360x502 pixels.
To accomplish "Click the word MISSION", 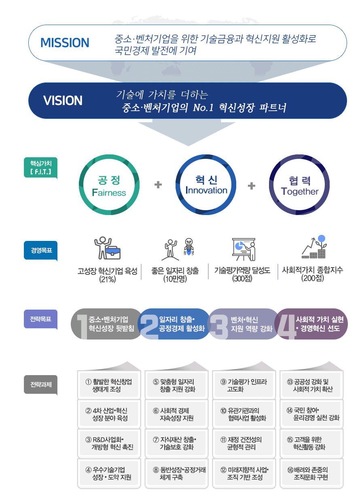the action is click(x=65, y=42).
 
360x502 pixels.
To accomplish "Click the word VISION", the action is click(x=63, y=100).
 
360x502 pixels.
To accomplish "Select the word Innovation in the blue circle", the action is click(x=206, y=190).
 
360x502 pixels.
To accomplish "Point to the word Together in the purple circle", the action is click(x=300, y=191).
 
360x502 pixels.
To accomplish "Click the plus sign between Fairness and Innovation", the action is click(x=158, y=185).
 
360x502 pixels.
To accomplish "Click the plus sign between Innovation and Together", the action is click(x=252, y=186).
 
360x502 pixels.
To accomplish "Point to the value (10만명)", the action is click(x=175, y=279).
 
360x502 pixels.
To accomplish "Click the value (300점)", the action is click(x=242, y=279).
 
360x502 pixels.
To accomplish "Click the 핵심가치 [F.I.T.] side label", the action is click(x=41, y=167).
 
